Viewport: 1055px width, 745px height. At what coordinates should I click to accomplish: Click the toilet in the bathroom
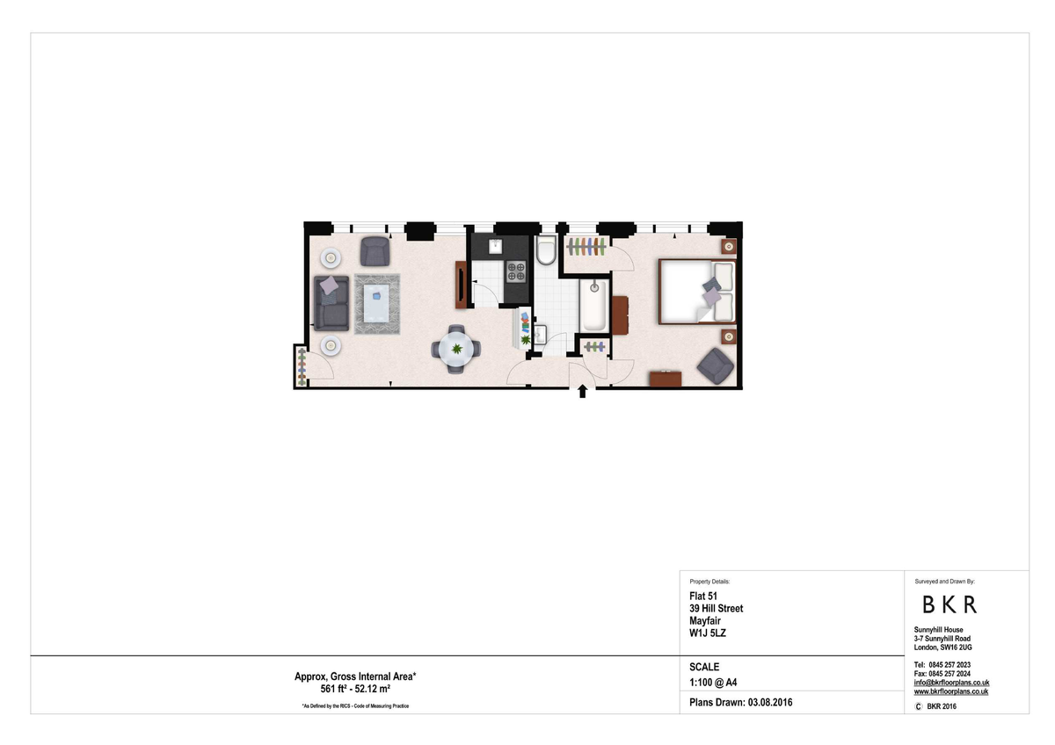point(546,250)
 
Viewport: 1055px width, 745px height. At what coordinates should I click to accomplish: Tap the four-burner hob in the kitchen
point(516,271)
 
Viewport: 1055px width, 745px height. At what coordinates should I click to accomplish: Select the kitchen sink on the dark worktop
point(495,246)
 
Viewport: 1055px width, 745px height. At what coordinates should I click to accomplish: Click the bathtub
point(594,305)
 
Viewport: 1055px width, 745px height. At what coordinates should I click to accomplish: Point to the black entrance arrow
point(583,391)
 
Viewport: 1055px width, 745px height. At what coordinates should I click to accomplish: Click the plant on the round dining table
point(456,349)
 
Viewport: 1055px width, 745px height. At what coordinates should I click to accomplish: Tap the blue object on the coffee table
point(376,295)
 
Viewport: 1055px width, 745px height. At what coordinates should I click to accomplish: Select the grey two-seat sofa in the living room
point(331,303)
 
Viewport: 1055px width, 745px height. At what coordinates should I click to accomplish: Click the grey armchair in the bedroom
point(716,365)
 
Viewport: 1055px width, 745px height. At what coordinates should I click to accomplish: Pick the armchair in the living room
point(375,251)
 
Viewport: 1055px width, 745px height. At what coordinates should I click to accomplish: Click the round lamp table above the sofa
point(331,258)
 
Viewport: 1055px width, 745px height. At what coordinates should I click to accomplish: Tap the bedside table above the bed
point(729,246)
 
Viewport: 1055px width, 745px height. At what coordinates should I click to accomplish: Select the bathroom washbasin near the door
point(540,334)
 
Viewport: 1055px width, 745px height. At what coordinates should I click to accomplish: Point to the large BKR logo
point(949,604)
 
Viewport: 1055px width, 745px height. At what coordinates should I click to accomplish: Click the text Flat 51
point(703,597)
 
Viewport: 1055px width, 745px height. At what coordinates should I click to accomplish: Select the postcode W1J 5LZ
point(708,633)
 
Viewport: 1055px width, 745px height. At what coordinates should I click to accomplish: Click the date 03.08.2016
point(770,703)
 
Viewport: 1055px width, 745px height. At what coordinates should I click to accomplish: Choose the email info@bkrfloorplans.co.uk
point(951,683)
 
